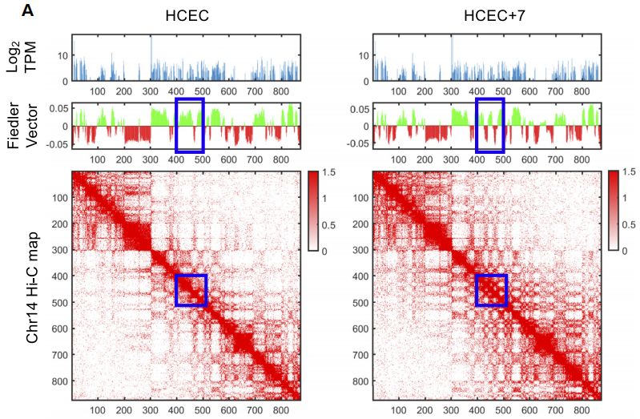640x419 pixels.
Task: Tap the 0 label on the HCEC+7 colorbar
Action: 630,251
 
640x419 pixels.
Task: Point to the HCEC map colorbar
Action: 312,212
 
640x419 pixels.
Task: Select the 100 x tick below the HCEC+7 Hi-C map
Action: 399,409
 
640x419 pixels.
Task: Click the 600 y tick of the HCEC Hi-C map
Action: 59,329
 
